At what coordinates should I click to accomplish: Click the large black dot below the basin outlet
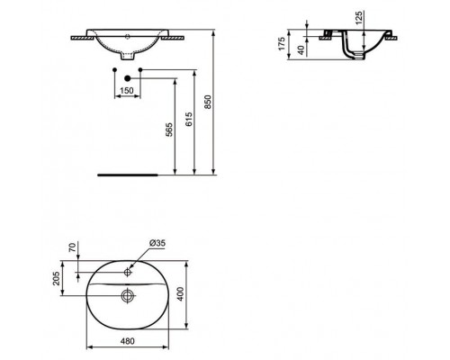pos(139,77)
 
